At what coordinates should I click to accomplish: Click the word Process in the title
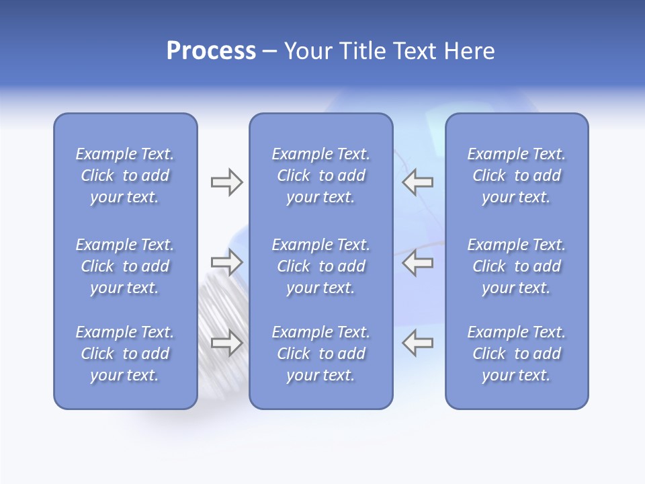[x=211, y=51]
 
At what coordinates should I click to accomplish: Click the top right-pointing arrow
[x=226, y=182]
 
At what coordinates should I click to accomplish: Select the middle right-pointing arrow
[x=226, y=262]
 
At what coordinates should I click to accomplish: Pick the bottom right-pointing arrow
[x=226, y=343]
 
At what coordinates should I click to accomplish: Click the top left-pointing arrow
[x=417, y=182]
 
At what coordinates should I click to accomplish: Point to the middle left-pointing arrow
[x=417, y=262]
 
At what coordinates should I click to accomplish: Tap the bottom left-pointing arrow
[x=417, y=343]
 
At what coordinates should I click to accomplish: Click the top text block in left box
[x=125, y=175]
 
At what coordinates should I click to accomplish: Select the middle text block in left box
[x=125, y=266]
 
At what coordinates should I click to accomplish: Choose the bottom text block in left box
[x=125, y=354]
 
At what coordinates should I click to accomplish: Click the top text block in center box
[x=321, y=175]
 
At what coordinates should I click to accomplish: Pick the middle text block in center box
[x=321, y=266]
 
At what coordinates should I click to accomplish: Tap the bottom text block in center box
[x=321, y=354]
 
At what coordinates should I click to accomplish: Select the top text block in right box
[x=517, y=175]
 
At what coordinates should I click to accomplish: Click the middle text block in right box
[x=517, y=266]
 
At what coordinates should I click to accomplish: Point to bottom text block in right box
[x=517, y=354]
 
